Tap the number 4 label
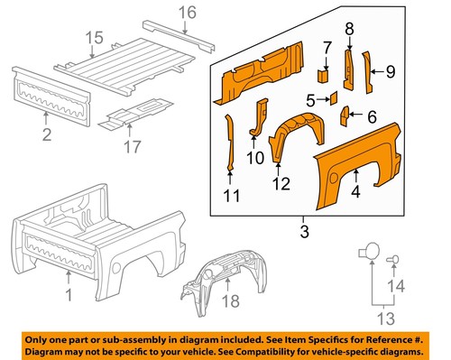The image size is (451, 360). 356,190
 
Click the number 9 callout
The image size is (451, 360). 391,69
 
